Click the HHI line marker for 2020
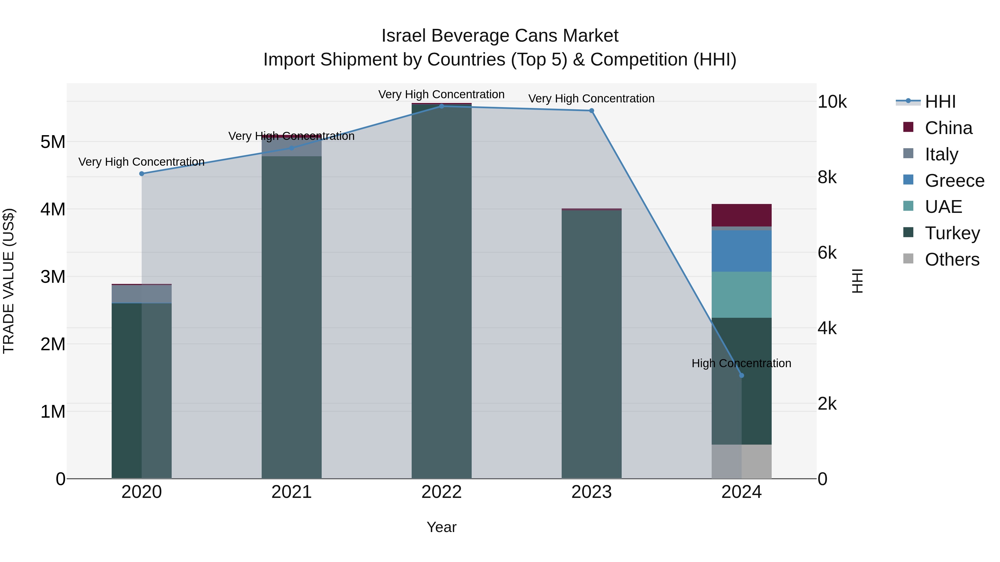(142, 174)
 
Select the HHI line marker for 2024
(741, 375)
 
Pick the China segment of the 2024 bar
(741, 215)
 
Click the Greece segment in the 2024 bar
(741, 251)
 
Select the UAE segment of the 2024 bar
(741, 295)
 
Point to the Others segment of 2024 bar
(741, 462)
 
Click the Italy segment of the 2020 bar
(142, 294)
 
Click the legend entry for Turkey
(952, 233)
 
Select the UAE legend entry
(943, 207)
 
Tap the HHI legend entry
(939, 102)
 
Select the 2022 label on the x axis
(441, 492)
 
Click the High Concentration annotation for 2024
(741, 363)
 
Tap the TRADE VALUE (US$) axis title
(9, 281)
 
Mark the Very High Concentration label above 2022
(441, 94)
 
